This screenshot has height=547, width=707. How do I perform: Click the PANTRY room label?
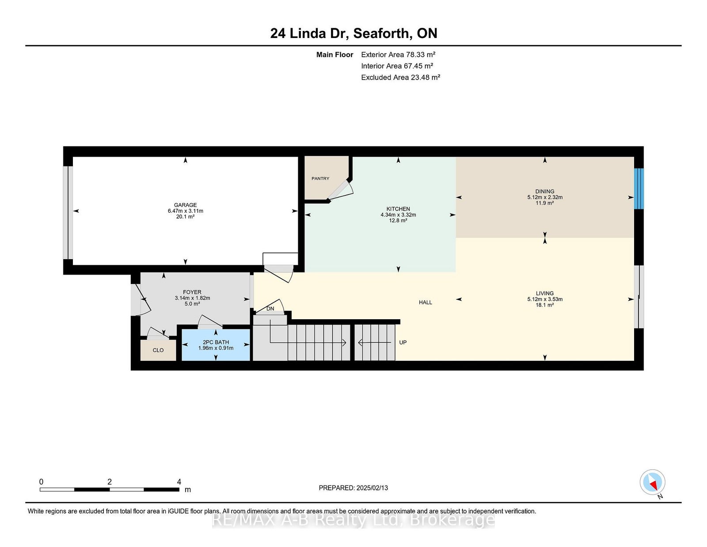click(x=320, y=178)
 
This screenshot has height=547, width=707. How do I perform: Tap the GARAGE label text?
click(x=185, y=205)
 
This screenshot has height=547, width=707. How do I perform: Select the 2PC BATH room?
click(x=216, y=345)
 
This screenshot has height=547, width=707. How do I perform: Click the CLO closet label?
click(x=158, y=350)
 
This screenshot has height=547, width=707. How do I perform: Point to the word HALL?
click(x=425, y=302)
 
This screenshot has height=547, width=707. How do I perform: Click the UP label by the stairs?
click(x=403, y=343)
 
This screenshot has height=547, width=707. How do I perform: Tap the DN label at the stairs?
click(x=270, y=309)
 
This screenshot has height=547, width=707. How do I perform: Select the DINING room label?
click(x=545, y=191)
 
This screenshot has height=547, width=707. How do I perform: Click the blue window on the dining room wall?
click(x=639, y=188)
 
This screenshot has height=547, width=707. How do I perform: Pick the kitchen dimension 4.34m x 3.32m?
click(x=398, y=215)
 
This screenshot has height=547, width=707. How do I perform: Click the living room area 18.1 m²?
click(x=545, y=305)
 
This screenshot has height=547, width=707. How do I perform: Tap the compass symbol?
click(x=652, y=482)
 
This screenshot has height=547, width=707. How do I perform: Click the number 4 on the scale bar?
click(x=179, y=482)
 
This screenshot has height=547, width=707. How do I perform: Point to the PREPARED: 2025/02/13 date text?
click(x=353, y=488)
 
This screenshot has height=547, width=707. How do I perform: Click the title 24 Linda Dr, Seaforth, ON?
click(x=353, y=33)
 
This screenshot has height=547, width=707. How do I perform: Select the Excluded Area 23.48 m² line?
click(x=400, y=77)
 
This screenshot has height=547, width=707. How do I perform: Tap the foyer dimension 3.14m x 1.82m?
click(x=192, y=298)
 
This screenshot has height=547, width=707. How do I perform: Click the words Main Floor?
click(x=334, y=55)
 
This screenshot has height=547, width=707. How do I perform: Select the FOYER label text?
click(x=192, y=292)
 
